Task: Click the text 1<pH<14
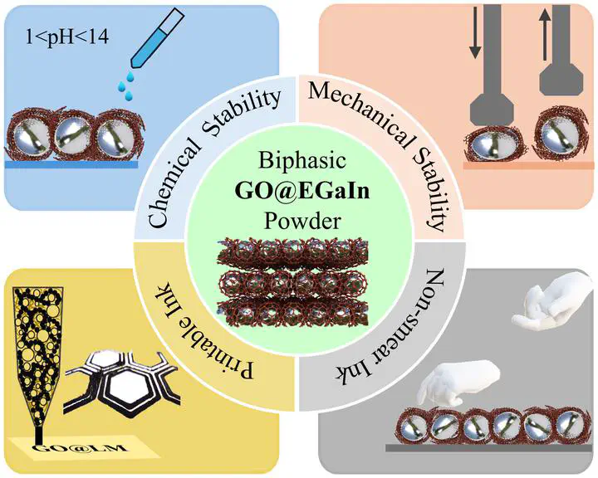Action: tap(66, 38)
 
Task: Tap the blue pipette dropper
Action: tap(158, 37)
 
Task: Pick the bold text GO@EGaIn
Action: tap(302, 191)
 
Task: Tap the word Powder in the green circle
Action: tap(302, 221)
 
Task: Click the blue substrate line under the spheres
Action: tap(71, 164)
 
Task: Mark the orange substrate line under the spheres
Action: tap(528, 165)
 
